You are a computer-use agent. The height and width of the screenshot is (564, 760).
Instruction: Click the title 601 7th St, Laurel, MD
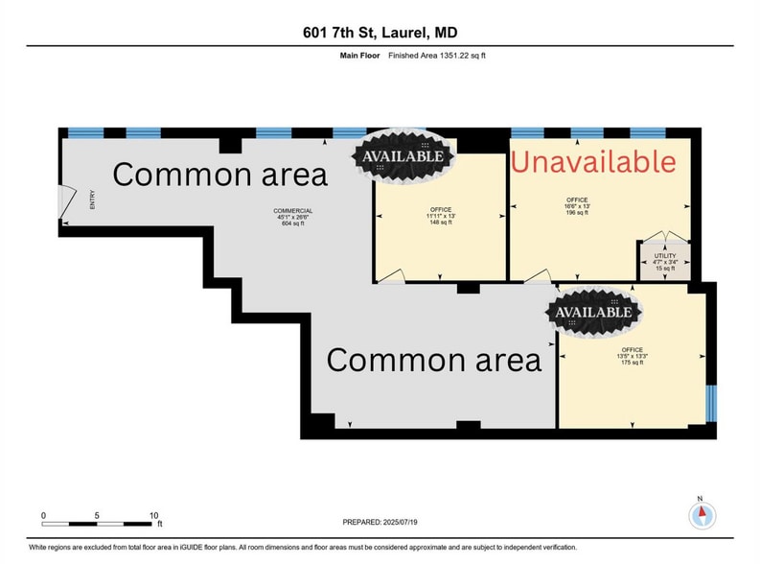380,32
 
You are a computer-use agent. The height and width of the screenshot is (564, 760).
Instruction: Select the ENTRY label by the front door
93,199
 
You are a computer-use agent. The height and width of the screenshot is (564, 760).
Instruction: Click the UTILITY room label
664,255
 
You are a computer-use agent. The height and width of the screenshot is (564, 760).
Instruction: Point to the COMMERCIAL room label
293,211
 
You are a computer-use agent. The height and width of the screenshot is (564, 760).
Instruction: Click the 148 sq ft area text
440,223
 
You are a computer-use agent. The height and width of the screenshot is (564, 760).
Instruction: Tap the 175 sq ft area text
632,364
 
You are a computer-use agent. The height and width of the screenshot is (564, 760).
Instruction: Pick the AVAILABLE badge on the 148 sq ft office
402,155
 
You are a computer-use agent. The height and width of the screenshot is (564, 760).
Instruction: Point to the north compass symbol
702,513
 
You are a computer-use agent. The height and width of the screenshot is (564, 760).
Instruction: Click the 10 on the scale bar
153,516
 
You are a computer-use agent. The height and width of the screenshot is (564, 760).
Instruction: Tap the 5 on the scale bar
98,516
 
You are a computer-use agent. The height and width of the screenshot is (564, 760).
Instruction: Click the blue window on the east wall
710,402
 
